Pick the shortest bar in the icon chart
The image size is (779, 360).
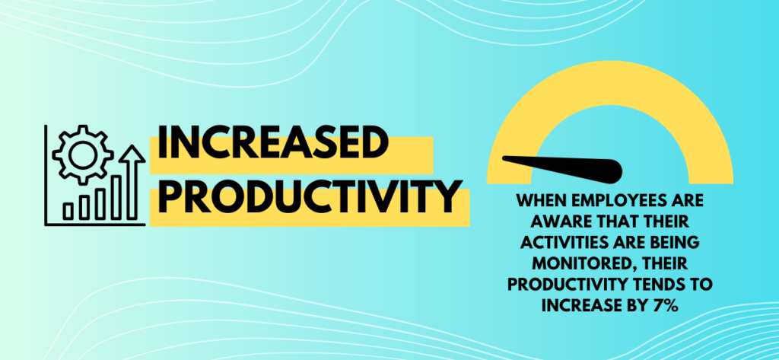tap(70, 210)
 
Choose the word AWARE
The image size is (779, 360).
tap(545, 222)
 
